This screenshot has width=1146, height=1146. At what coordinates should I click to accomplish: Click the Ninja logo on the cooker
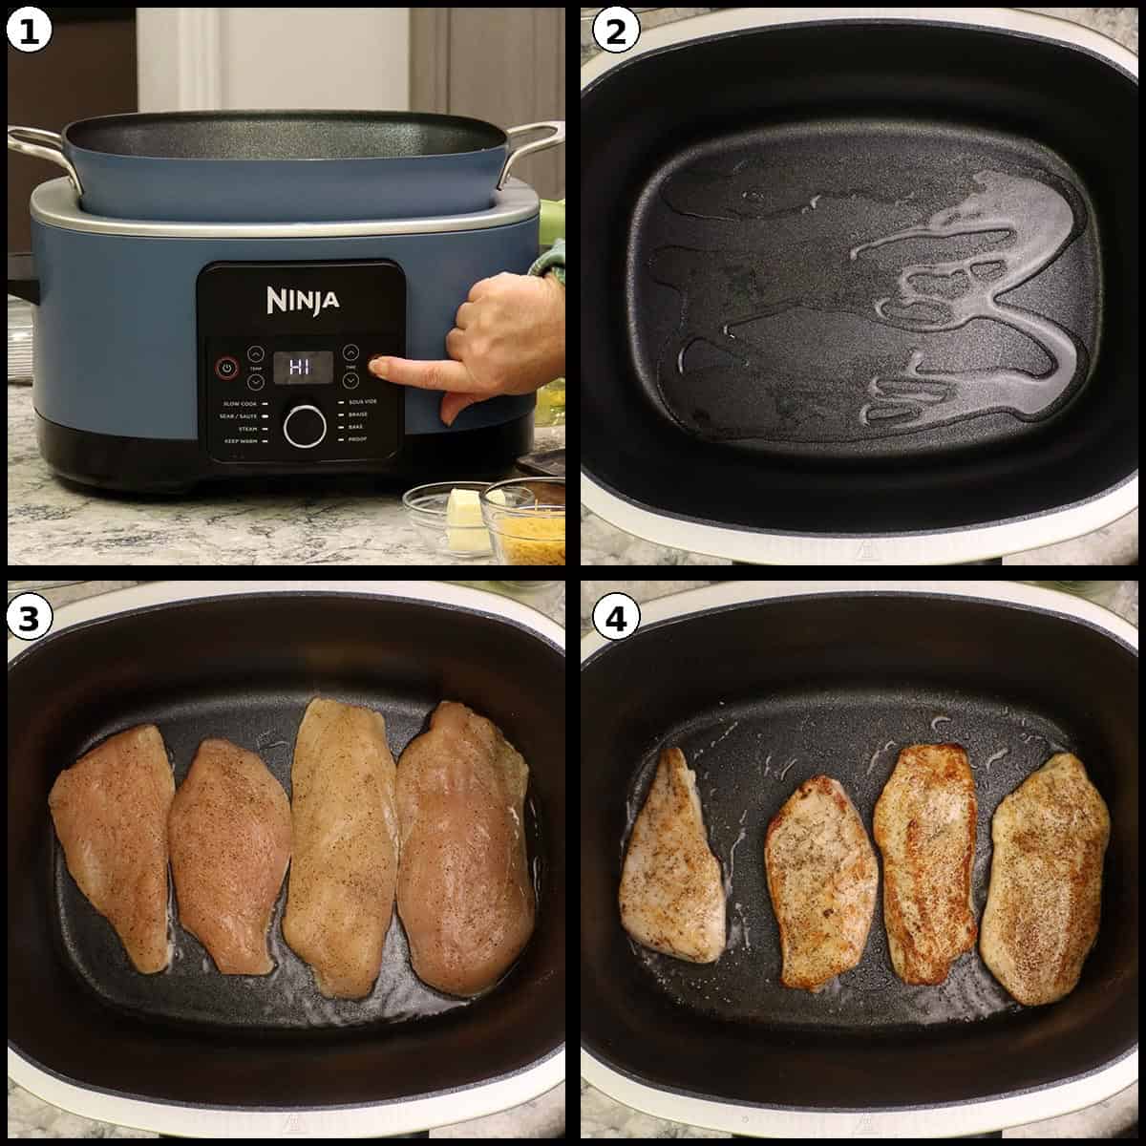pyautogui.click(x=302, y=301)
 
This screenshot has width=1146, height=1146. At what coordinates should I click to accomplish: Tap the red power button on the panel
pyautogui.click(x=226, y=367)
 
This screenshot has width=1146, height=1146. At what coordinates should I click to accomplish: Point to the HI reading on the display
pyautogui.click(x=302, y=367)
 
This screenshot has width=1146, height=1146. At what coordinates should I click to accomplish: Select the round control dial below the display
pyautogui.click(x=304, y=425)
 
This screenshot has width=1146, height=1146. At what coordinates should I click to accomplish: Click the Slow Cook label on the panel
pyautogui.click(x=239, y=403)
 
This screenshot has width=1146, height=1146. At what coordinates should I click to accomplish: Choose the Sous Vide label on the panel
pyautogui.click(x=361, y=402)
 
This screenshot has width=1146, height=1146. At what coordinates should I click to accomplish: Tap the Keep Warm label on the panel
pyautogui.click(x=240, y=442)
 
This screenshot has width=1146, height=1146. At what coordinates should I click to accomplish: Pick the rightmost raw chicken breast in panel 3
pyautogui.click(x=465, y=845)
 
